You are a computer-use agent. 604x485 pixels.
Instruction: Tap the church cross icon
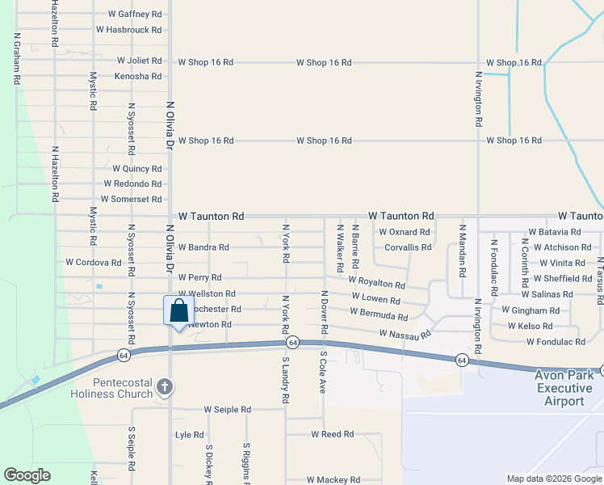165,386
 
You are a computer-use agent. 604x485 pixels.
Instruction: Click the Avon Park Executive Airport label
570,388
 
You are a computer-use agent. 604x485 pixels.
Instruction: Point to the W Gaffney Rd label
135,15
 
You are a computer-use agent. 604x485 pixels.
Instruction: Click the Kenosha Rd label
138,76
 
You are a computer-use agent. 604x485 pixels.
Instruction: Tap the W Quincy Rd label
137,169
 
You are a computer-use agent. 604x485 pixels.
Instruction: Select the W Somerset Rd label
132,199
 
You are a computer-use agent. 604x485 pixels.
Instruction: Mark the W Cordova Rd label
93,262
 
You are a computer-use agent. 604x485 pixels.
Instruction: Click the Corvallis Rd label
408,247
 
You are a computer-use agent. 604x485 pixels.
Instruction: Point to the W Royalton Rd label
377,284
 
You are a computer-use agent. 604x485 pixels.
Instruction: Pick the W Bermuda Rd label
379,313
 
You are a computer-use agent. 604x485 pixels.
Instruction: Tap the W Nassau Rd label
405,333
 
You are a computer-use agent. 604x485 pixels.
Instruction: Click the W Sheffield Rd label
562,278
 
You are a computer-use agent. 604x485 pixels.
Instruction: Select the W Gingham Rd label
531,310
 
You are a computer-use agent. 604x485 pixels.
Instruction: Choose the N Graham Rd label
17,59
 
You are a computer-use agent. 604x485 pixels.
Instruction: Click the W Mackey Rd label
333,480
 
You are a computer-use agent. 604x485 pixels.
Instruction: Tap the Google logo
27,475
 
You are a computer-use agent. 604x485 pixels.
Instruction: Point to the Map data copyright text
555,479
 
